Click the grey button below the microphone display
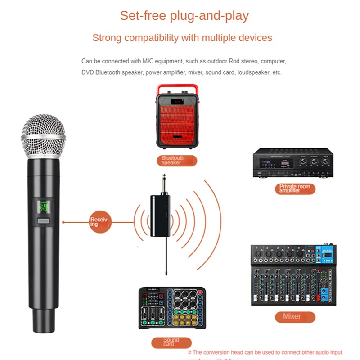44,221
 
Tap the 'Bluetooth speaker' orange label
173,160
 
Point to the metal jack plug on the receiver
160,182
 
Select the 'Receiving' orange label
99,222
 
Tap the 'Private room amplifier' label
294,189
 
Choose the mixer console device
293,275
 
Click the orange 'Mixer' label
292,316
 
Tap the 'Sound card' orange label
171,342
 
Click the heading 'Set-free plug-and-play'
184,16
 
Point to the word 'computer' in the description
272,61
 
